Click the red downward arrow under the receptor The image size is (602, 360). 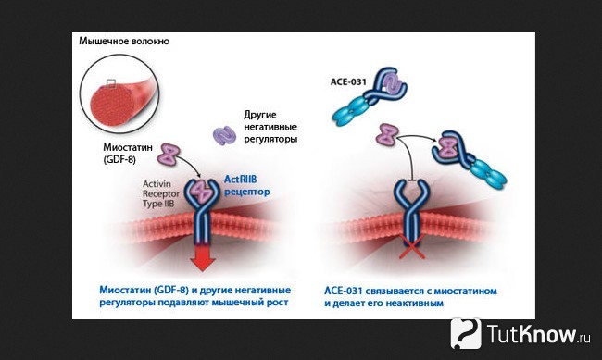pyautogui.click(x=202, y=257)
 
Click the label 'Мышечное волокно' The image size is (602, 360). pyautogui.click(x=124, y=41)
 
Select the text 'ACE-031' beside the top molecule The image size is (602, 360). pyautogui.click(x=348, y=81)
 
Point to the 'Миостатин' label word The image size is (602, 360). pyautogui.click(x=128, y=147)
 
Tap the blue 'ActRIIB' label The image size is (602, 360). pyautogui.click(x=241, y=180)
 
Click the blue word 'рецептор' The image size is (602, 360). pyautogui.click(x=247, y=192)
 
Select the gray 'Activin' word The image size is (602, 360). pyautogui.click(x=157, y=184)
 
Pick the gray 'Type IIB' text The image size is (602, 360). pyautogui.click(x=158, y=204)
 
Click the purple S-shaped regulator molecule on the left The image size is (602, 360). pyautogui.click(x=225, y=135)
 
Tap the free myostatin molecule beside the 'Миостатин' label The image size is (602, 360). pyautogui.click(x=169, y=154)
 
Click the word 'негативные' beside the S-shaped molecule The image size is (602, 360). pyautogui.click(x=270, y=127)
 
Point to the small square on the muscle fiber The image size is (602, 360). pyautogui.click(x=111, y=83)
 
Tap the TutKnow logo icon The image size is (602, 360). pyautogui.click(x=466, y=333)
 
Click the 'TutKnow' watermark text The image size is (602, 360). pyautogui.click(x=533, y=333)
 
